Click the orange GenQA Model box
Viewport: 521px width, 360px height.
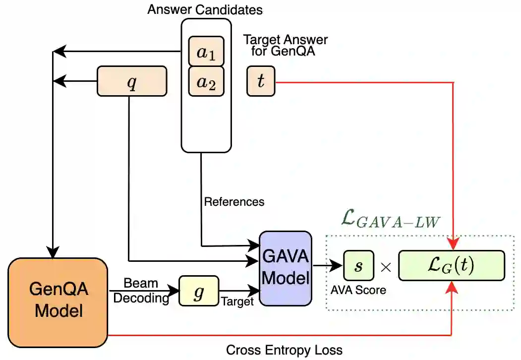coord(58,302)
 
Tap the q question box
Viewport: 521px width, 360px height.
coord(131,81)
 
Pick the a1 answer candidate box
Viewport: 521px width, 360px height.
coord(206,52)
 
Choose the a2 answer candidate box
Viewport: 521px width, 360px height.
coord(206,81)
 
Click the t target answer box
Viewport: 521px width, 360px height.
coord(261,81)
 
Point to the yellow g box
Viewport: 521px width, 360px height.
coord(198,291)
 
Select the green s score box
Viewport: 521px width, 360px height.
coord(359,266)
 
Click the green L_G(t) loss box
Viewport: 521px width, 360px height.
coord(452,266)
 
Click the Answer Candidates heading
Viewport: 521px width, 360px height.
coord(205,9)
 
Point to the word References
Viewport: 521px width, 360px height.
coord(234,202)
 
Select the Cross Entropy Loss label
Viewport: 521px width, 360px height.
coord(284,350)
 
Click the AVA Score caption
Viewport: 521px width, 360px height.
coord(358,290)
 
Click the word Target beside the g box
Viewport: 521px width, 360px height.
coord(237,301)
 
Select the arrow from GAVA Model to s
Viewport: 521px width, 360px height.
coord(327,266)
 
